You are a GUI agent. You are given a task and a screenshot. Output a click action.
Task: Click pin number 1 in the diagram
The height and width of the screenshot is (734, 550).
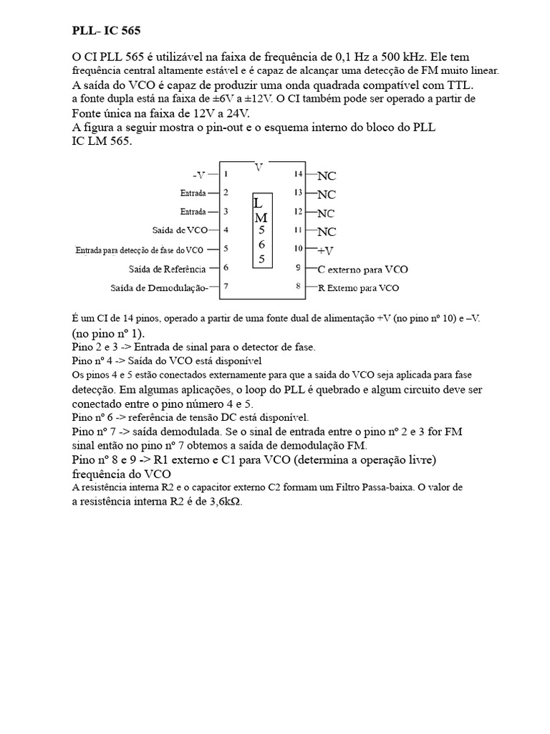tap(226, 173)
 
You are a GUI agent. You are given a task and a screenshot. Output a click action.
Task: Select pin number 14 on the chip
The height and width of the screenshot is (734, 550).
tap(299, 173)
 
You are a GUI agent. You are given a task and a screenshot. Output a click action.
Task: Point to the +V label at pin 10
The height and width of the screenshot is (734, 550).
tap(325, 251)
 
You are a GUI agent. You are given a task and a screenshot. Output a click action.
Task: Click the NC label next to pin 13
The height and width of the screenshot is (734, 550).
tap(327, 194)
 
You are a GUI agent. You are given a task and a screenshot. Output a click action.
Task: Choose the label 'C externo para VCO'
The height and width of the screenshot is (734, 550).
tap(363, 270)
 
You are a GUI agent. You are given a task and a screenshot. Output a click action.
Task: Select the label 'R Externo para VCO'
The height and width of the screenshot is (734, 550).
tap(359, 288)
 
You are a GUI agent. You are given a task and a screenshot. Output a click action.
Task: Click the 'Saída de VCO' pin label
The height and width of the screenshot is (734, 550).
tap(180, 231)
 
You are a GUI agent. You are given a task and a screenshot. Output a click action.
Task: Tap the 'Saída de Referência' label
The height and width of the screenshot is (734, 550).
tap(168, 269)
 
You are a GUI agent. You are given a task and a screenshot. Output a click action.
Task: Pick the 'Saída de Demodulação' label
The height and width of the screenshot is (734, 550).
tap(159, 288)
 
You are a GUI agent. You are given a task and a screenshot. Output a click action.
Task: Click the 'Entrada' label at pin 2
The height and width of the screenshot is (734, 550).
tap(193, 193)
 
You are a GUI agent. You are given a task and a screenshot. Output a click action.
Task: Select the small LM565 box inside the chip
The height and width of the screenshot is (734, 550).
tap(262, 231)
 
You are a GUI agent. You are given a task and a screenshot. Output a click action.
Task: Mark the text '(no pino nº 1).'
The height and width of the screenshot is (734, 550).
tap(107, 333)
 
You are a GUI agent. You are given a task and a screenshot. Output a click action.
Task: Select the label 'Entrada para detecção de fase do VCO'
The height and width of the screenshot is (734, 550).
tap(140, 250)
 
